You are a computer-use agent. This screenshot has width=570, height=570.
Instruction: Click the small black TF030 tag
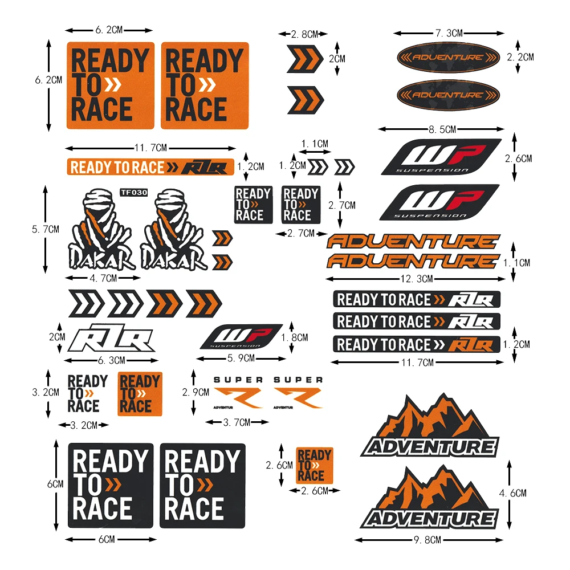point(133,192)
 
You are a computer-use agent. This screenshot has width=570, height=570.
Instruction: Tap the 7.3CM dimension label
point(448,34)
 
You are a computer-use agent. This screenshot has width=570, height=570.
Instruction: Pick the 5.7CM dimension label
point(45,229)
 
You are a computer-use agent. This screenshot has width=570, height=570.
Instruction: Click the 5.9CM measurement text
point(241,358)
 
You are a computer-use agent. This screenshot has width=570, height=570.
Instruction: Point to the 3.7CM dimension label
point(237,422)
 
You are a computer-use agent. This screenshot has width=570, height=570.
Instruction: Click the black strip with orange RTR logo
point(416,345)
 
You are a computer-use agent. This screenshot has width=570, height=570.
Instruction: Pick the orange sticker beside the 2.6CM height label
point(314,464)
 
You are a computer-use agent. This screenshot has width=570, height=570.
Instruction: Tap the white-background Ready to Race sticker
point(87,393)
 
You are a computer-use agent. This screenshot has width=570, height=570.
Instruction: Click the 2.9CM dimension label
point(196,392)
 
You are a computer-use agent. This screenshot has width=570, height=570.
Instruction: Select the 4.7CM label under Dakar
point(103,278)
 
